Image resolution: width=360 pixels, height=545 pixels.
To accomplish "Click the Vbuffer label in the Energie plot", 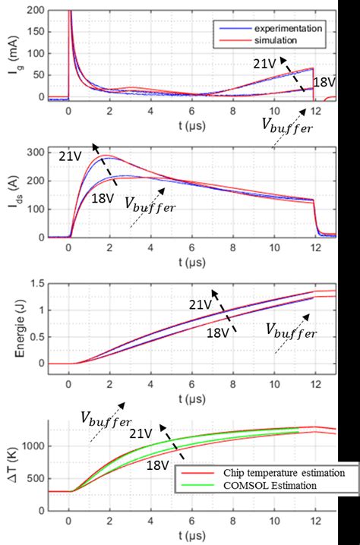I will pos(290,329).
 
